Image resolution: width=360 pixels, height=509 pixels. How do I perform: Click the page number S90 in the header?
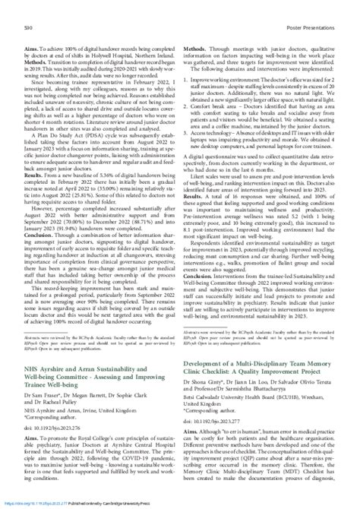(15, 6)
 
